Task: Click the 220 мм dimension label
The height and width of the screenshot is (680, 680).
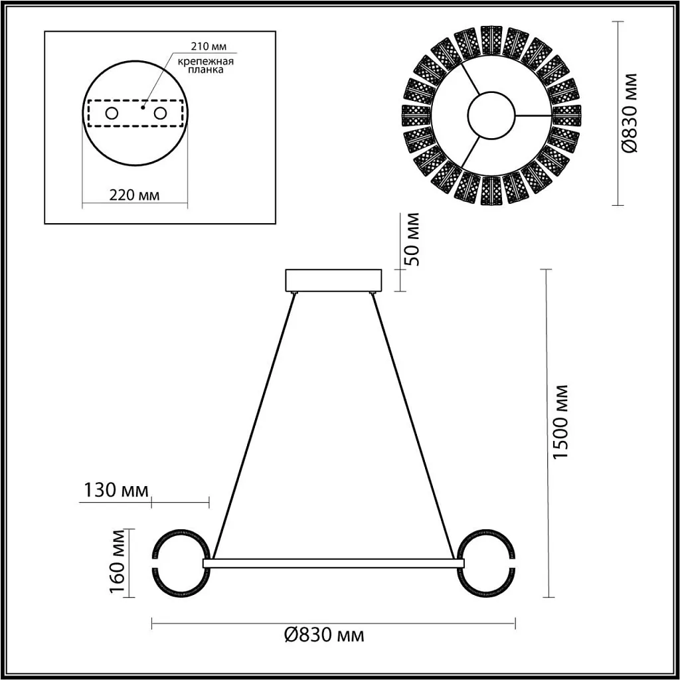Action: (x=135, y=195)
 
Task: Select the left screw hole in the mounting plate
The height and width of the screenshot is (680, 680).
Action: (x=112, y=114)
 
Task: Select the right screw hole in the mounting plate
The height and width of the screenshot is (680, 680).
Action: (x=159, y=114)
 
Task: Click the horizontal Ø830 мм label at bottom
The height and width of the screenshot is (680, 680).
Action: (x=324, y=636)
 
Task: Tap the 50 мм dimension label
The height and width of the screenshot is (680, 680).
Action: (x=413, y=239)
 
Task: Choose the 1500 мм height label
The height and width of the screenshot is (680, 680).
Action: (x=562, y=422)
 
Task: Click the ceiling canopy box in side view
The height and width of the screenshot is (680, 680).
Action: (x=333, y=280)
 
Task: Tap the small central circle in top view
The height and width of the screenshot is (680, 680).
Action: (x=492, y=115)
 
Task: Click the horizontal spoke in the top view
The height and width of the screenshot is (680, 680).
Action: (x=533, y=115)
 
